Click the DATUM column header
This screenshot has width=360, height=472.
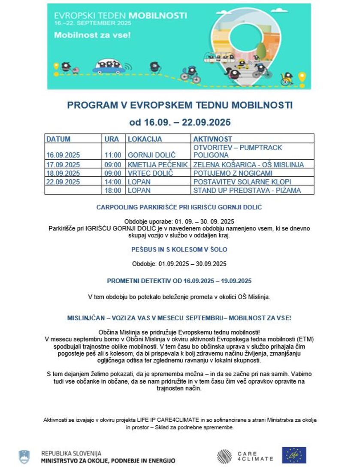58,139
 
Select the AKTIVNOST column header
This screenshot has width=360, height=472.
212,139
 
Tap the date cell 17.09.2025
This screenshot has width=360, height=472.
63,165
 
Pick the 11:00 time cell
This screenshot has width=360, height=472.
112,155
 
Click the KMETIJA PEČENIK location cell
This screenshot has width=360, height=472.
157,165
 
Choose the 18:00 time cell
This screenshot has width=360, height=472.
112,190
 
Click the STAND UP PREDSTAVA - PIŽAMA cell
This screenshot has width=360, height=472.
247,190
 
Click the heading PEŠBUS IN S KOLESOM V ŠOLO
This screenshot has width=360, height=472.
179,249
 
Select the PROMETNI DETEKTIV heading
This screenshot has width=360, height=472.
179,281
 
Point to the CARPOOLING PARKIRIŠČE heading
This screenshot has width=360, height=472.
179,207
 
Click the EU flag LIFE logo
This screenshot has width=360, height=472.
294,455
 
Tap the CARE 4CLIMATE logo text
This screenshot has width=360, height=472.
255,456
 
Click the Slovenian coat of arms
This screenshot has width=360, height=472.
24,457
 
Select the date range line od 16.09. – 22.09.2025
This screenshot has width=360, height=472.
180,122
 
